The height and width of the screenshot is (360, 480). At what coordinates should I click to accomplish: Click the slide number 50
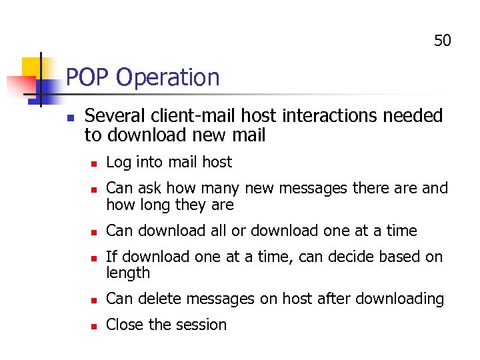[443, 41]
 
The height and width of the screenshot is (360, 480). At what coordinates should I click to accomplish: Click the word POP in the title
[87, 77]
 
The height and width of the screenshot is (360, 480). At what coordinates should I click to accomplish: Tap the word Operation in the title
[167, 78]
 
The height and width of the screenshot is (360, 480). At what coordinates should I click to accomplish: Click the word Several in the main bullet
[111, 116]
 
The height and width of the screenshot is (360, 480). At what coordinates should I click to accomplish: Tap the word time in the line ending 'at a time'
[401, 231]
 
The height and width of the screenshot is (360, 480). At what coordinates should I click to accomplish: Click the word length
[128, 273]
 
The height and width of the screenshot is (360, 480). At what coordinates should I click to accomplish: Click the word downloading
[399, 299]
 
